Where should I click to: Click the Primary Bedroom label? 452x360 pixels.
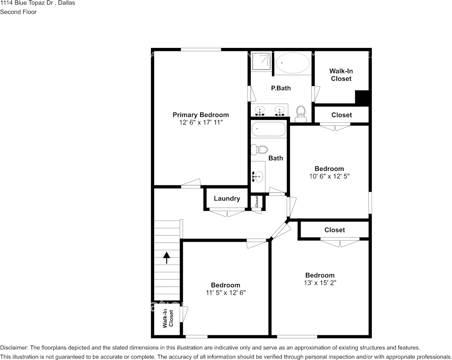point(201,115)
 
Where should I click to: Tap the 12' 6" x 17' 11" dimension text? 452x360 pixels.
point(201,123)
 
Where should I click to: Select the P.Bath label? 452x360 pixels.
point(281,88)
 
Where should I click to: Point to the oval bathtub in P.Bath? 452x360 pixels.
point(293,63)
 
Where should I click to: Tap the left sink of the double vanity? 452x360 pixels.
point(260,111)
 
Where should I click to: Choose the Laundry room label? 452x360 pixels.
point(227,198)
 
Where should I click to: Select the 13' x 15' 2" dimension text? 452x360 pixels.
point(320,283)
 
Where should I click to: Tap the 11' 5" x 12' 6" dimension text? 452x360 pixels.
point(225,293)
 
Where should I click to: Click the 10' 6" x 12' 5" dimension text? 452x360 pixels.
point(329,176)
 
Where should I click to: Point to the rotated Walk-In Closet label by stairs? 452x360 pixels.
point(168,319)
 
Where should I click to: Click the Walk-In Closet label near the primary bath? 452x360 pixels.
point(341,75)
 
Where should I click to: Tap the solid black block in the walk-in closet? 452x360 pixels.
point(362,97)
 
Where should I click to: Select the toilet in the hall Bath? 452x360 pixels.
point(259,150)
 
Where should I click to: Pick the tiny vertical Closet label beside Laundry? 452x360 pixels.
point(256,202)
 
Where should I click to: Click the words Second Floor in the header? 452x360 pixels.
point(18,12)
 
